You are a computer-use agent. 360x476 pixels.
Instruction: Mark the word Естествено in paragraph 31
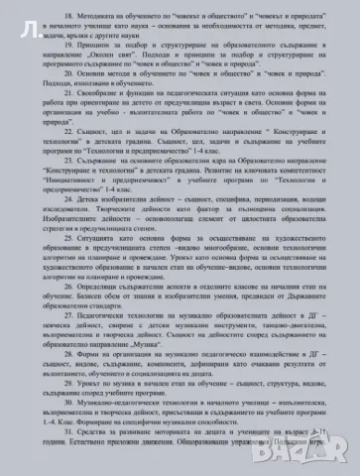(x=76, y=472)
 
